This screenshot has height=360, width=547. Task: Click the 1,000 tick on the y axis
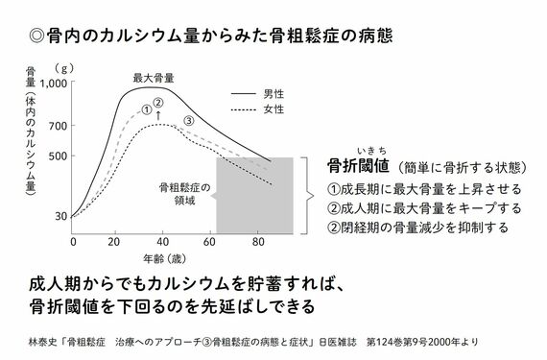click(x=52, y=84)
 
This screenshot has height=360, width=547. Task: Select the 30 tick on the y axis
click(x=60, y=217)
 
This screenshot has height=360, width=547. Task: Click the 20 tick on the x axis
click(x=115, y=241)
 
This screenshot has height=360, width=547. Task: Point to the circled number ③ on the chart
click(x=189, y=120)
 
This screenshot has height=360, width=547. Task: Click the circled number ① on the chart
click(x=145, y=109)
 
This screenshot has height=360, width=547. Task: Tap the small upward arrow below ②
click(x=158, y=115)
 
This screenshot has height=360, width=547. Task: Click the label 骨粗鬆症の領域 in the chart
click(x=178, y=194)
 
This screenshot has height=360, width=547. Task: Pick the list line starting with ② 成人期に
click(x=424, y=207)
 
